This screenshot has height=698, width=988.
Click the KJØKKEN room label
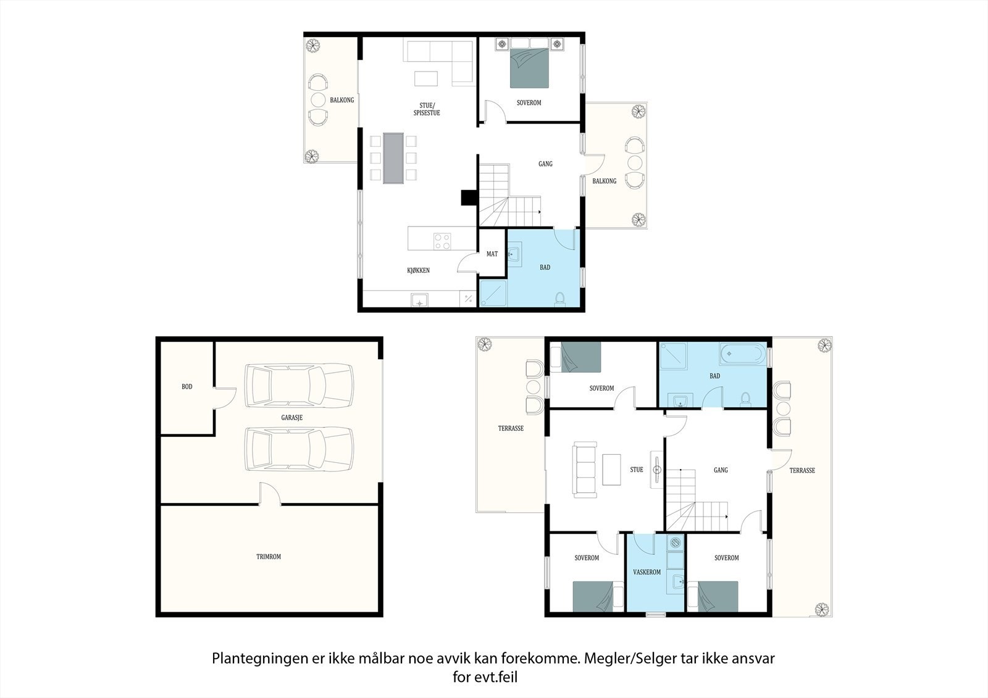tap(418, 270)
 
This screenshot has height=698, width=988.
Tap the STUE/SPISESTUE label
tap(427, 109)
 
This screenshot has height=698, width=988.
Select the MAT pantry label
tap(492, 254)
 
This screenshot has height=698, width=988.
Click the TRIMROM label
tap(269, 557)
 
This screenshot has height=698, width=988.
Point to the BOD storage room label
tap(187, 387)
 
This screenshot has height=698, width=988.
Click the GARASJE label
tap(292, 418)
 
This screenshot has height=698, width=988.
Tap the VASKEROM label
tap(647, 572)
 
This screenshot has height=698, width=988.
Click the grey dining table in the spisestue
tap(393, 158)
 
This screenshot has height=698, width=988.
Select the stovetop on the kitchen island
tap(442, 241)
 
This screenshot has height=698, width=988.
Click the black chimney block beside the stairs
tap(469, 197)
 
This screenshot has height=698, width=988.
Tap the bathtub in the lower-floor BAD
tap(743, 354)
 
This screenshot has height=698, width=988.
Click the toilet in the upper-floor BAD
tap(559, 298)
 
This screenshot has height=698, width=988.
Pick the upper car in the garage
tap(299, 386)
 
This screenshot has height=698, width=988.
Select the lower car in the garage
tap(299, 449)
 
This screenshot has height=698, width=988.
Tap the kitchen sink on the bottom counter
tap(419, 301)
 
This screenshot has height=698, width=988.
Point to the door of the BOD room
tap(225, 398)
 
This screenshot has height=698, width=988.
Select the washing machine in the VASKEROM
tap(676, 543)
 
